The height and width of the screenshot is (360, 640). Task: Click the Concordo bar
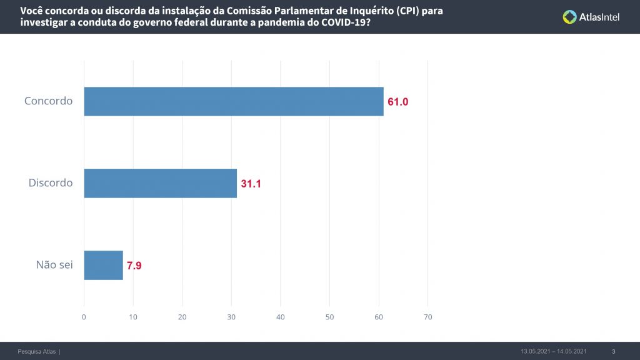[x=234, y=101]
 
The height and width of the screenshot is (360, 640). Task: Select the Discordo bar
[x=161, y=183]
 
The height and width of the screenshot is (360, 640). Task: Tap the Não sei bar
[x=104, y=265]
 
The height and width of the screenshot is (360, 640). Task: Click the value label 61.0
[x=397, y=102]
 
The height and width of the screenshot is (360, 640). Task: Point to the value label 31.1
[x=251, y=184]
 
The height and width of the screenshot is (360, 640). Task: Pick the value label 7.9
[x=134, y=266]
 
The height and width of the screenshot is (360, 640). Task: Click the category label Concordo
[x=49, y=101]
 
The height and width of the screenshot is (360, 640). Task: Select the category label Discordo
[x=51, y=183]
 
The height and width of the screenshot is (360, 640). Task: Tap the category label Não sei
[x=54, y=265]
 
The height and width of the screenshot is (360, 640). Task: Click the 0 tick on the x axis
[x=84, y=317]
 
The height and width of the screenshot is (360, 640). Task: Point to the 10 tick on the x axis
[x=133, y=317]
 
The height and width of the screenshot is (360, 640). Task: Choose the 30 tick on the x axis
[x=231, y=317]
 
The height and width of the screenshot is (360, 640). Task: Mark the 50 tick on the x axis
[x=329, y=317]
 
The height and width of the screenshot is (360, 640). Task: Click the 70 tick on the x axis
[x=427, y=317]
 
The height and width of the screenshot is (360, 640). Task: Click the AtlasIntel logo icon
[x=569, y=17]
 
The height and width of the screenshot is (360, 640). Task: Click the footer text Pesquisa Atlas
[x=37, y=351]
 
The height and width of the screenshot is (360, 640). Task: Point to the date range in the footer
[x=553, y=351]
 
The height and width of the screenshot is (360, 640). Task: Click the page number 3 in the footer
[x=613, y=351]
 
